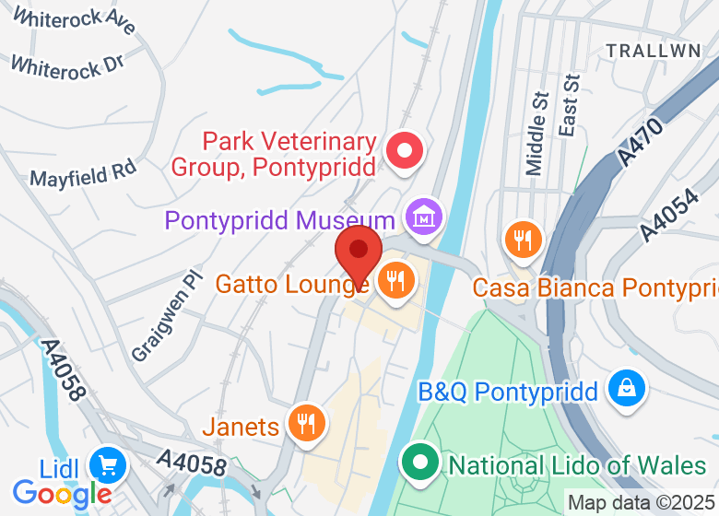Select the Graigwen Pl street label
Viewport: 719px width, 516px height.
click(x=165, y=315)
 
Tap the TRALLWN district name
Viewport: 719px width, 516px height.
click(x=654, y=51)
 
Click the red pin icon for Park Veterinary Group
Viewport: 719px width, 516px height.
click(x=404, y=151)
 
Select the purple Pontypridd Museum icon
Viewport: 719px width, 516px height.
click(x=424, y=218)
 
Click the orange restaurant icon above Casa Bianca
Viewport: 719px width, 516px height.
click(x=523, y=240)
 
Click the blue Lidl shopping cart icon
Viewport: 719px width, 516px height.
click(x=109, y=464)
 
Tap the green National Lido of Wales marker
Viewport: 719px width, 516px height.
click(x=421, y=462)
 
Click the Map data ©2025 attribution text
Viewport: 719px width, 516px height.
click(x=640, y=503)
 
